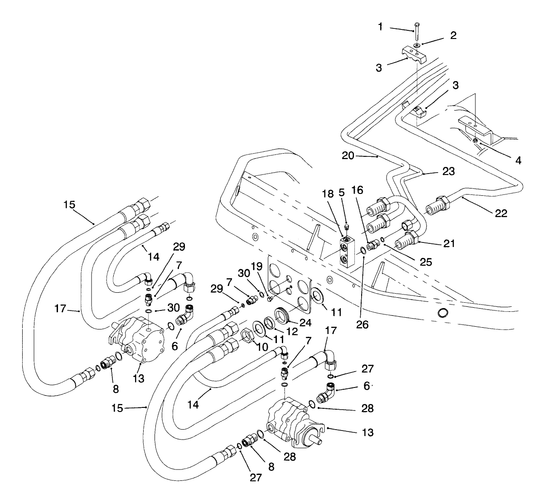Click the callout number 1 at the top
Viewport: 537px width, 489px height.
point(381,27)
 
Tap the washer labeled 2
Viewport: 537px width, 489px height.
point(417,45)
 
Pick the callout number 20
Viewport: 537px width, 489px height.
point(348,155)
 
